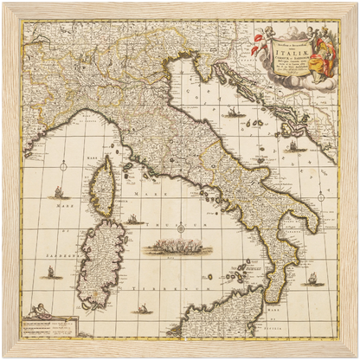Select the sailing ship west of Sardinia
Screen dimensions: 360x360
(x=49, y=272)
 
